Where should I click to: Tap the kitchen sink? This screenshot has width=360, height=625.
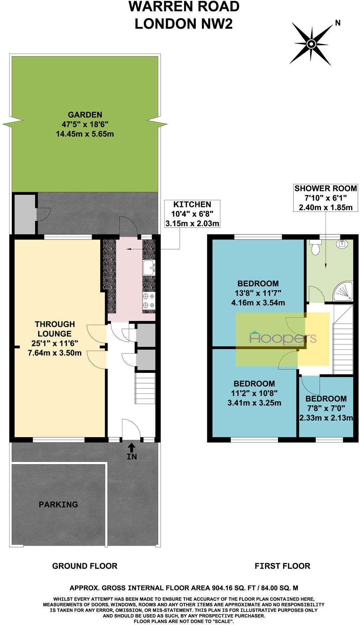click(x=149, y=267)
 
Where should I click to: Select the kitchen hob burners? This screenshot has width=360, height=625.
click(x=149, y=301)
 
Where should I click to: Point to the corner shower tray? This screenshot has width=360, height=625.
click(x=343, y=292)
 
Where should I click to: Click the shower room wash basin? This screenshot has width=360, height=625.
click(x=342, y=244)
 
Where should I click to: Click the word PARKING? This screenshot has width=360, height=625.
click(x=58, y=504)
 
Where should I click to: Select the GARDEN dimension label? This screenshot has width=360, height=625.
click(x=85, y=124)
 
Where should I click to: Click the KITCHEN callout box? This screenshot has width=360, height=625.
click(x=192, y=214)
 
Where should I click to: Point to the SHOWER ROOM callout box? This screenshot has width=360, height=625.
click(x=326, y=198)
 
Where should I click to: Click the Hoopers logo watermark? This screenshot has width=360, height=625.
click(x=283, y=339)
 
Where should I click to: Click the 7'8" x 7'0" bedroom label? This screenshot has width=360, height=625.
click(x=326, y=408)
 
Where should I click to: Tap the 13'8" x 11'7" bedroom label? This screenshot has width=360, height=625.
click(x=258, y=293)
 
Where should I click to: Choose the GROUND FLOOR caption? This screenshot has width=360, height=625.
click(x=85, y=566)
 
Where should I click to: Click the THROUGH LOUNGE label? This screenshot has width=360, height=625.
click(x=55, y=338)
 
